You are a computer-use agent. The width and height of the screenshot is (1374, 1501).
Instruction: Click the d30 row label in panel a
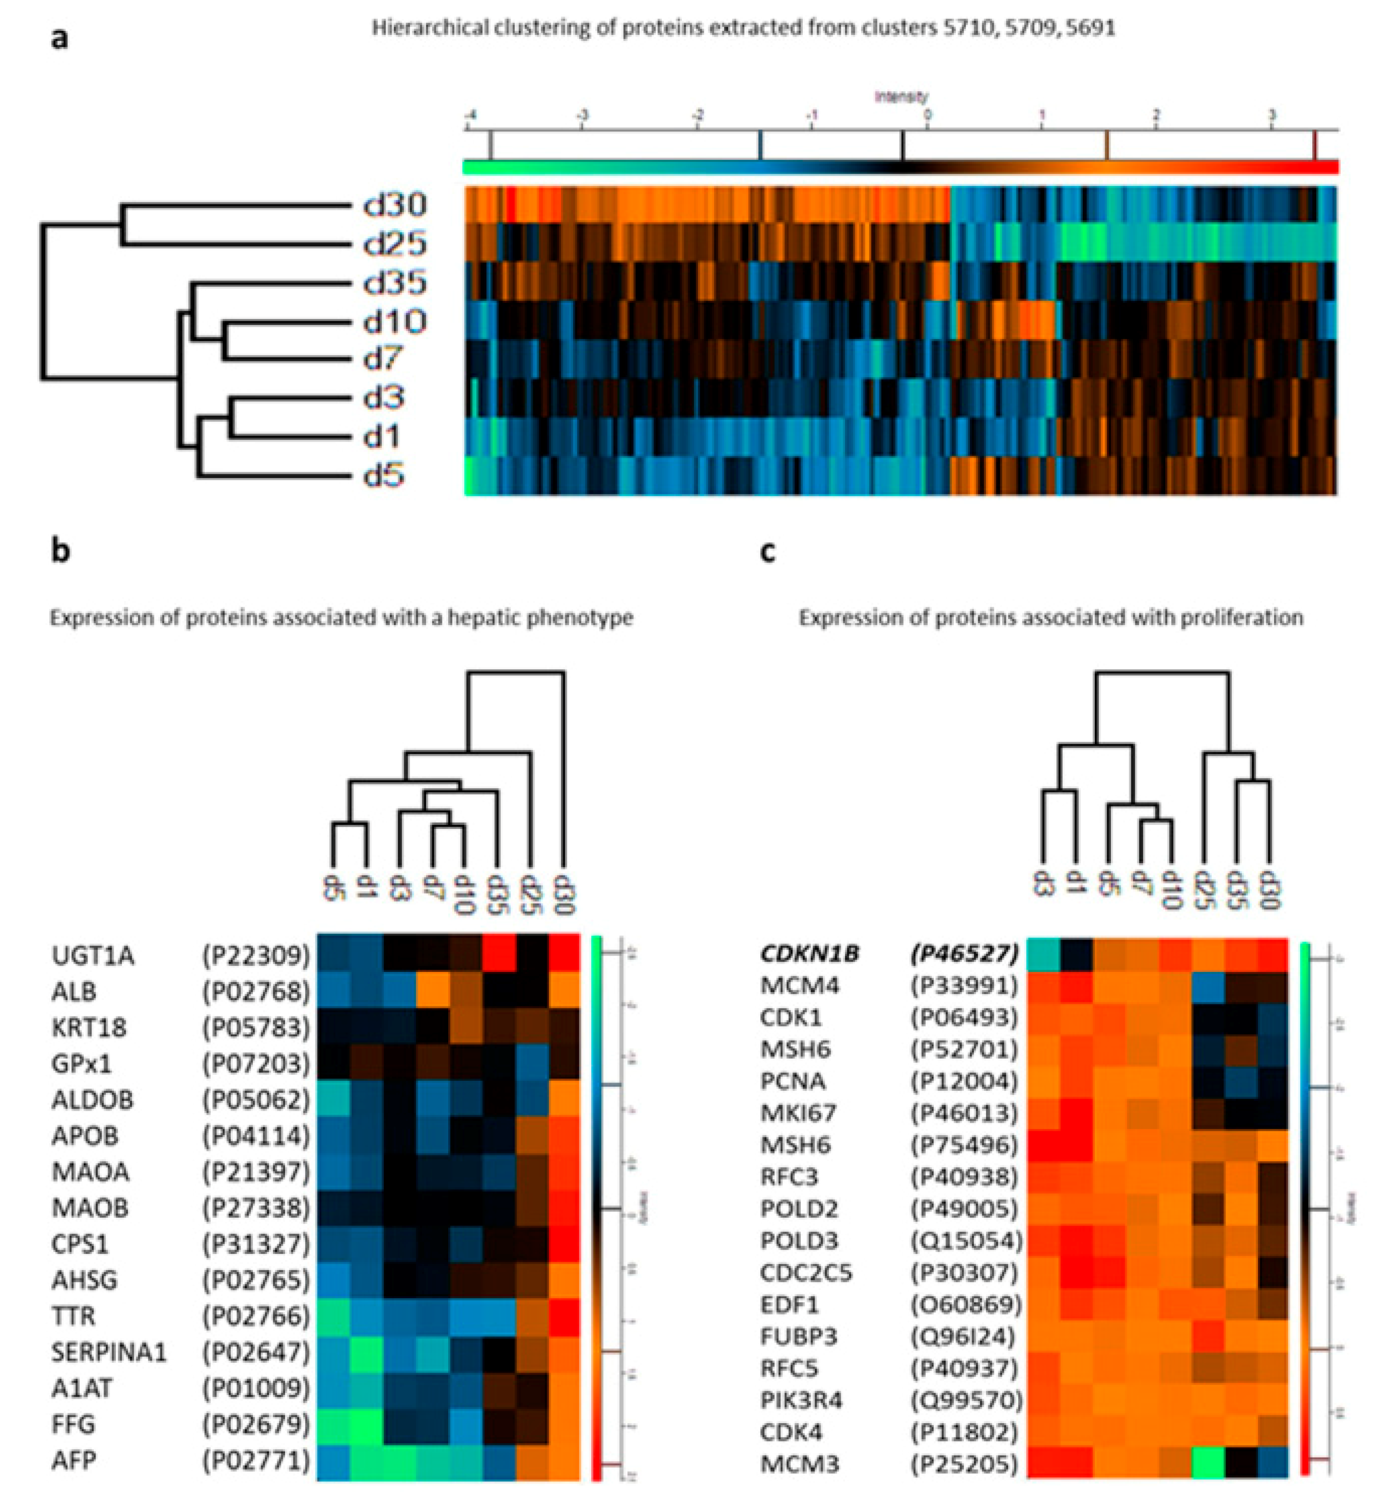(394, 204)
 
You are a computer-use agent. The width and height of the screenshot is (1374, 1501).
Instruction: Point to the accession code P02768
(255, 992)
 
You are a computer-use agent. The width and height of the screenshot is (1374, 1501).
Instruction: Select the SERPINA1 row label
(109, 1352)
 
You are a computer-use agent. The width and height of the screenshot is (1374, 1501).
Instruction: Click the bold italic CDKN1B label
(809, 953)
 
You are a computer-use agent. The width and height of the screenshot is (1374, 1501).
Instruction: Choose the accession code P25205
(964, 1464)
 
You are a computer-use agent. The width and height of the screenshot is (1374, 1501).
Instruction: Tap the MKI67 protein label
(798, 1113)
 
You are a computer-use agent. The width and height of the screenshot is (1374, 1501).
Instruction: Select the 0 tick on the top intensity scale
(927, 116)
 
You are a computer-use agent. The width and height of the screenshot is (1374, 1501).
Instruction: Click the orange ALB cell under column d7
(433, 990)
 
